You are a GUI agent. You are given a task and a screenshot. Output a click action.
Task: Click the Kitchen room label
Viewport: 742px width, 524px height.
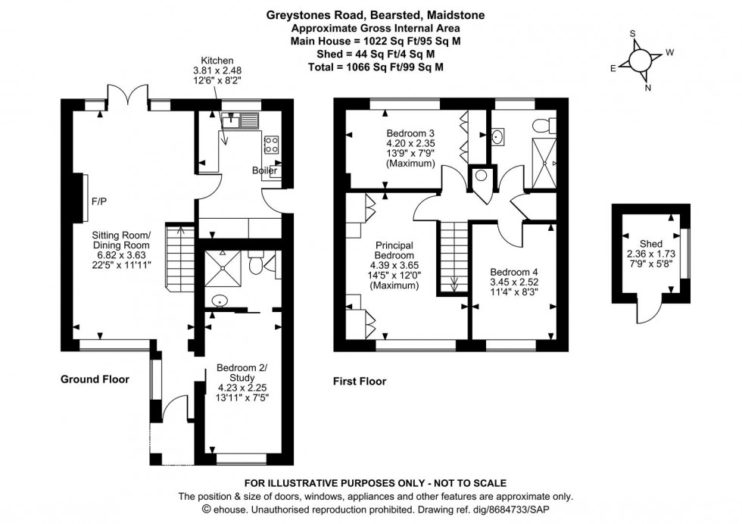[217, 61]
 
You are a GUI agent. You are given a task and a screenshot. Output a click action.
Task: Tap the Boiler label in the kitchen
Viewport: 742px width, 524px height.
[264, 171]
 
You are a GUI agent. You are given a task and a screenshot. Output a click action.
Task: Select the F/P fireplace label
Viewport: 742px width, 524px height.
[98, 202]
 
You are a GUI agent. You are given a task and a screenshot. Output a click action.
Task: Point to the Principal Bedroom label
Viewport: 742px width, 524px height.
[394, 245]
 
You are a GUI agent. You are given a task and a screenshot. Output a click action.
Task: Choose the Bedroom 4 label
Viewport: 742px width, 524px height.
[514, 273]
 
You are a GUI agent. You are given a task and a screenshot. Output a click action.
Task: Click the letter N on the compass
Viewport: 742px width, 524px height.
[647, 87]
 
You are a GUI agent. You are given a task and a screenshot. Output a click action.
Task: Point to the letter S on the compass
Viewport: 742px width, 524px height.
[633, 34]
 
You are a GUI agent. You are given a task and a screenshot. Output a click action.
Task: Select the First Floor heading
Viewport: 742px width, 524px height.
[360, 382]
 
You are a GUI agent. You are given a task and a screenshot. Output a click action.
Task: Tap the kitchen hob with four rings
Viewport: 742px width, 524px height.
[271, 144]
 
